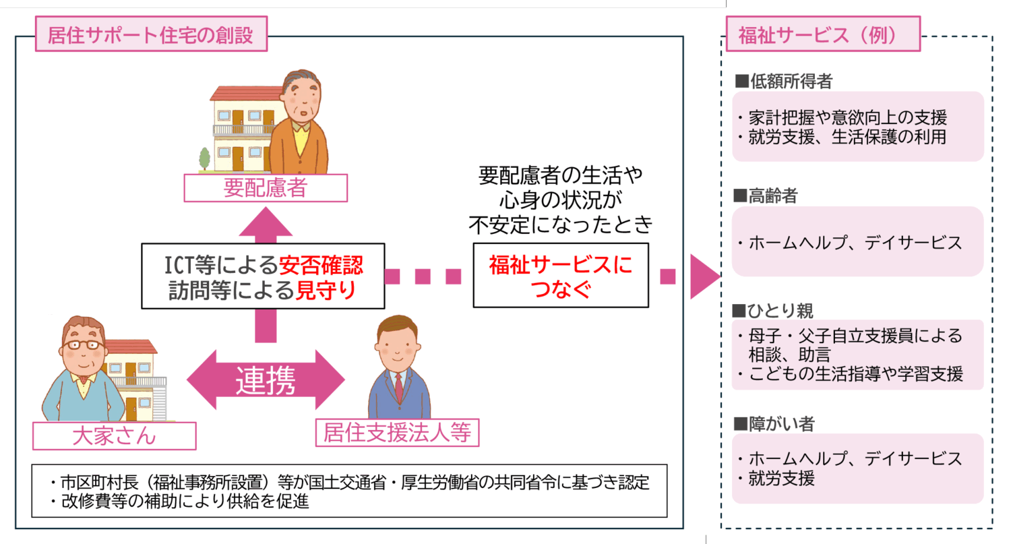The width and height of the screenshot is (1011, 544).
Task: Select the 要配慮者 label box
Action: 265,187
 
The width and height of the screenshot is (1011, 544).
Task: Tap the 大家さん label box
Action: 114,435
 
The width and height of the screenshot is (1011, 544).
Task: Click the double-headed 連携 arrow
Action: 265,380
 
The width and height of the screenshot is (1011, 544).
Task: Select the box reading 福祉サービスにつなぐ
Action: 560,276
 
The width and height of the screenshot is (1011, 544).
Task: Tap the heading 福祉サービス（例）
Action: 818,35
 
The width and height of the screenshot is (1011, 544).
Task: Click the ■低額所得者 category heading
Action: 783,82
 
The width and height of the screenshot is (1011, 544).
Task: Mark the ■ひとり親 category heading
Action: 774,311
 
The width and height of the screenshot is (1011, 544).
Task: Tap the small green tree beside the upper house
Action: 204,159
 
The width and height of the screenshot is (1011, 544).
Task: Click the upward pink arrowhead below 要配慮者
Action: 265,222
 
